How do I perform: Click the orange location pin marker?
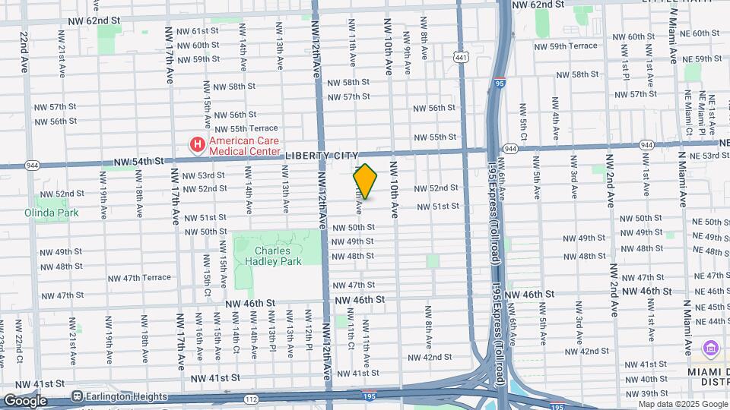pos(365,181)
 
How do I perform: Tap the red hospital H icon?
pos(198,143)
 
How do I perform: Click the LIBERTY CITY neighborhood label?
pos(322,155)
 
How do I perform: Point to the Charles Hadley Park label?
pos(278,256)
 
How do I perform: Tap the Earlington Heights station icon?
pos(77,396)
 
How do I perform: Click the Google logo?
pos(25,400)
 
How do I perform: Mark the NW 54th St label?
pos(139,161)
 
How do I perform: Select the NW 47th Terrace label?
pos(130,278)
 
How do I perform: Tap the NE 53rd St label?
pos(709,155)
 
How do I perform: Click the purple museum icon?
pos(712,348)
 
